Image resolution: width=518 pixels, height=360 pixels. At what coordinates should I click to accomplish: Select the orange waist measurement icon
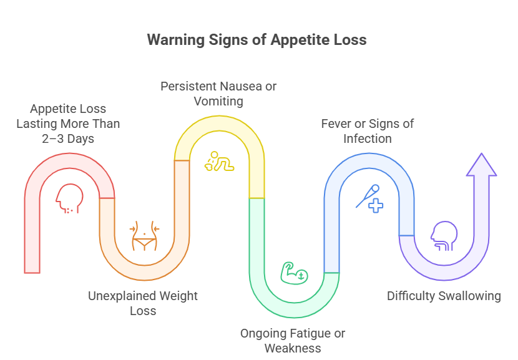click(145, 235)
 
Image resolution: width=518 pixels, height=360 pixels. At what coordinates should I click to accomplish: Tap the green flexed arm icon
click(292, 273)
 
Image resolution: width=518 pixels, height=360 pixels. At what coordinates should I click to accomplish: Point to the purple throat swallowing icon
click(442, 236)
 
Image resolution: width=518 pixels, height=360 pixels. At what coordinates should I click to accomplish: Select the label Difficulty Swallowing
click(444, 296)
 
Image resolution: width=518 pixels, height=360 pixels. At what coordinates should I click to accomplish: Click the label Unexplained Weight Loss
click(143, 303)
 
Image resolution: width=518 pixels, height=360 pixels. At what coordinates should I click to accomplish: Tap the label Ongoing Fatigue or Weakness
click(293, 340)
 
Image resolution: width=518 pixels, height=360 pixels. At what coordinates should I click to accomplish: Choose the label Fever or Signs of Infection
click(368, 130)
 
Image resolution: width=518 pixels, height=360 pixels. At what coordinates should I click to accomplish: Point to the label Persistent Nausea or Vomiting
click(218, 93)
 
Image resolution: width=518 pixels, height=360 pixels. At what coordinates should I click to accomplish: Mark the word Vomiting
click(218, 100)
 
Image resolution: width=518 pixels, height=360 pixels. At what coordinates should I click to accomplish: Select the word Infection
click(368, 138)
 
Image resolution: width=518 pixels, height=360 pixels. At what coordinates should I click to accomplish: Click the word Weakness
click(293, 348)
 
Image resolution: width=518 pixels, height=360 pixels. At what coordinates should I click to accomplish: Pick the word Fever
click(336, 123)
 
